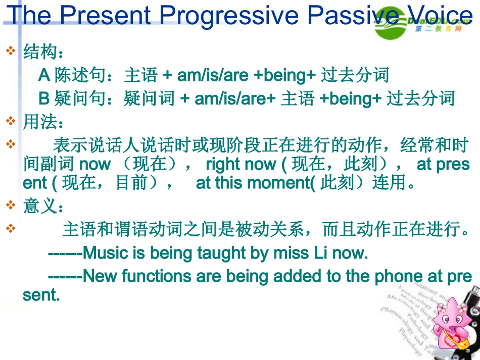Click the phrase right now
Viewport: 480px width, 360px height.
(241, 164)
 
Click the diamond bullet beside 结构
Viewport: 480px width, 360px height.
(11, 52)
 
